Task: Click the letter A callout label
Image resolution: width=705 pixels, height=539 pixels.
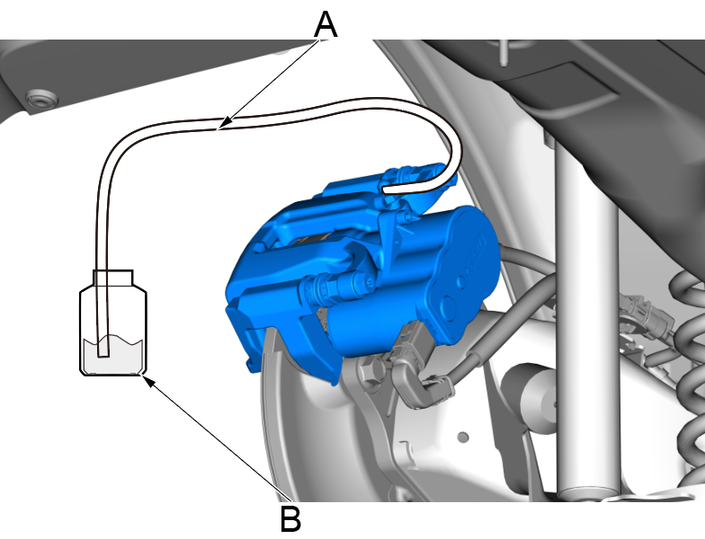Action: click(326, 25)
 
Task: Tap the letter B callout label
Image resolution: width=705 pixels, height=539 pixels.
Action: click(290, 518)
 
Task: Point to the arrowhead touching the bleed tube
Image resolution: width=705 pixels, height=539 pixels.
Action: click(228, 120)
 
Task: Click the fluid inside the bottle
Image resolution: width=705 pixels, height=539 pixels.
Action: click(113, 355)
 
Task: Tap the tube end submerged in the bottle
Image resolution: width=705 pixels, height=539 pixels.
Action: click(103, 352)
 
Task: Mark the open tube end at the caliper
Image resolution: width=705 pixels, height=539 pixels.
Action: click(386, 190)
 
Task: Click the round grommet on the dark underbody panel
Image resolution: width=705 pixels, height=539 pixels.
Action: click(41, 98)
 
